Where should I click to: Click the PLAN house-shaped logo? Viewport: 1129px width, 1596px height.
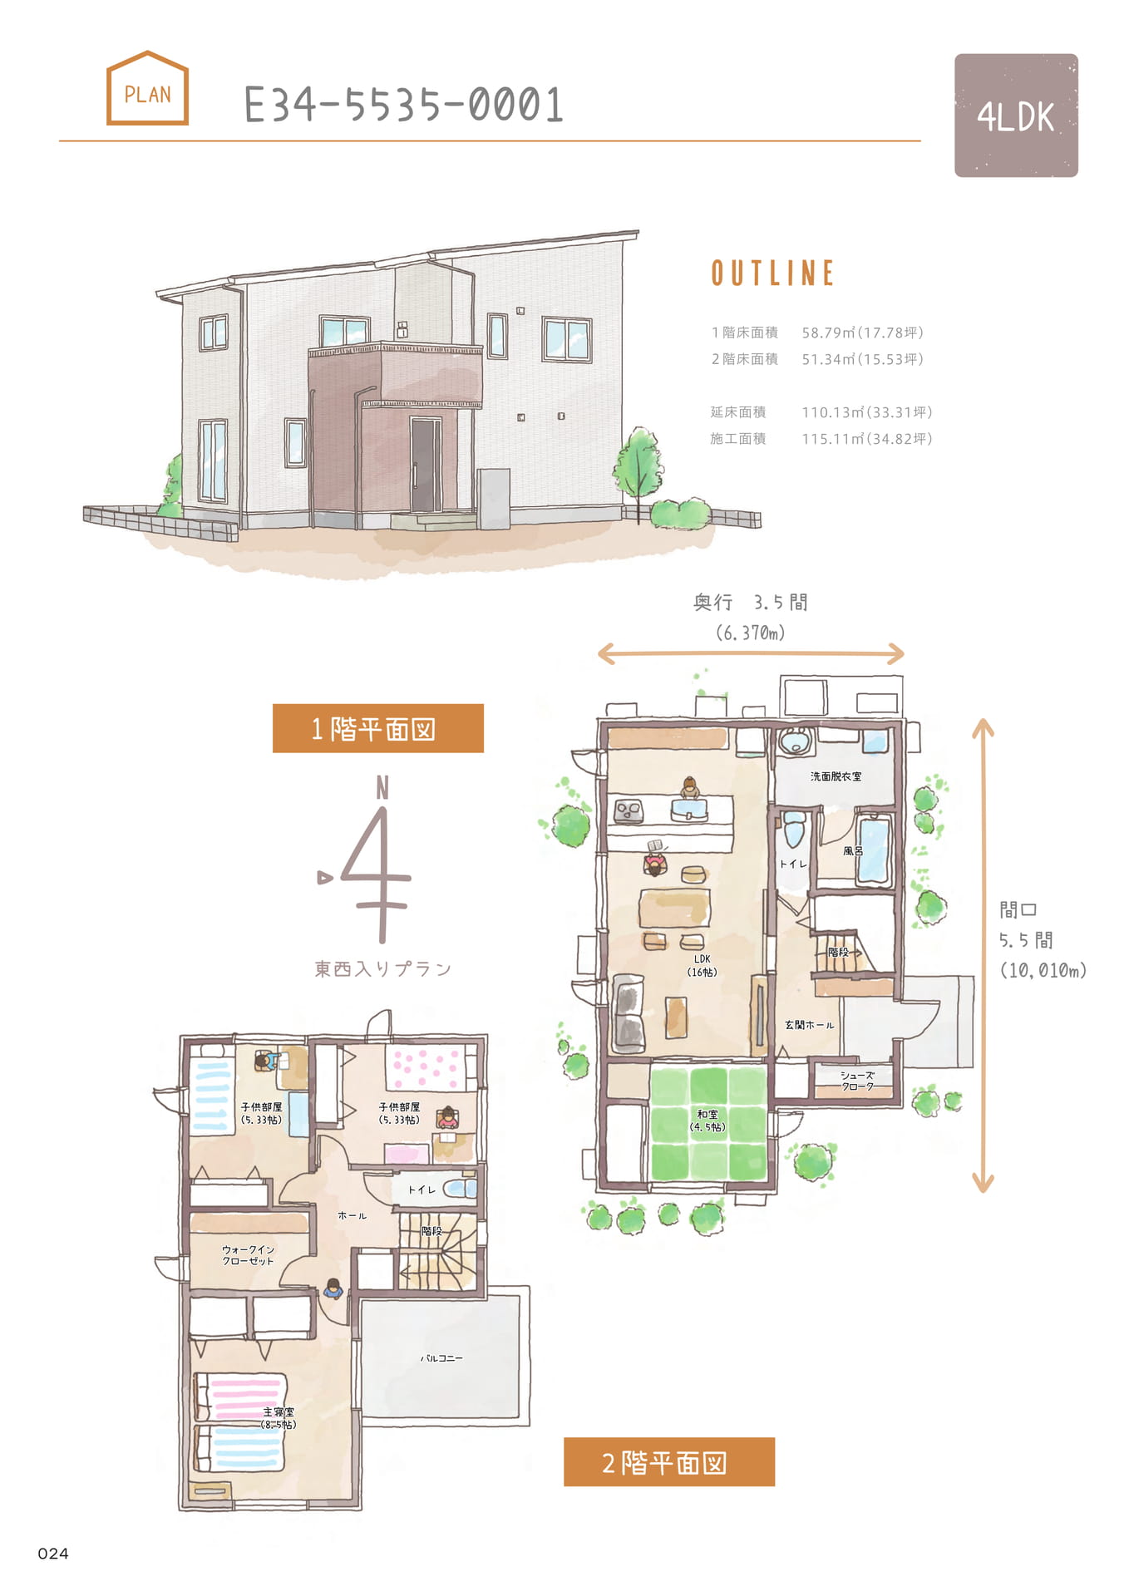(147, 88)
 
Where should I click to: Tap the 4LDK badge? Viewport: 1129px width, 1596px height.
(1016, 116)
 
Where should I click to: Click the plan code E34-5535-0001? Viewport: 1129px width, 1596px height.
(404, 106)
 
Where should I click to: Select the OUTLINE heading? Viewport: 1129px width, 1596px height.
(772, 273)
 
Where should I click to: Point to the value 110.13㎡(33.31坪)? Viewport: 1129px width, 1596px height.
(866, 412)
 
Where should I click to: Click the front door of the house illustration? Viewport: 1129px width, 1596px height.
(425, 465)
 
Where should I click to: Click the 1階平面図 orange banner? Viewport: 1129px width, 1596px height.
(378, 728)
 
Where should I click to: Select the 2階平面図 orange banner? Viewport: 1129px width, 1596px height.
(669, 1462)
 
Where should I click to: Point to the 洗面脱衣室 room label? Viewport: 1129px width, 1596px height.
(836, 776)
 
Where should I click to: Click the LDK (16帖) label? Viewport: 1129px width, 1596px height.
(702, 965)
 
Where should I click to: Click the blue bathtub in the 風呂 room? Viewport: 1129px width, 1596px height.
(874, 850)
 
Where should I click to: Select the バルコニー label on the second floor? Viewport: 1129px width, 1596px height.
(441, 1358)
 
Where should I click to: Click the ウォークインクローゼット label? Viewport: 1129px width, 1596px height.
(248, 1255)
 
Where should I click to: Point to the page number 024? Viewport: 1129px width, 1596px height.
(53, 1554)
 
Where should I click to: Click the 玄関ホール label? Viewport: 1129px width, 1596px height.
(809, 1025)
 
